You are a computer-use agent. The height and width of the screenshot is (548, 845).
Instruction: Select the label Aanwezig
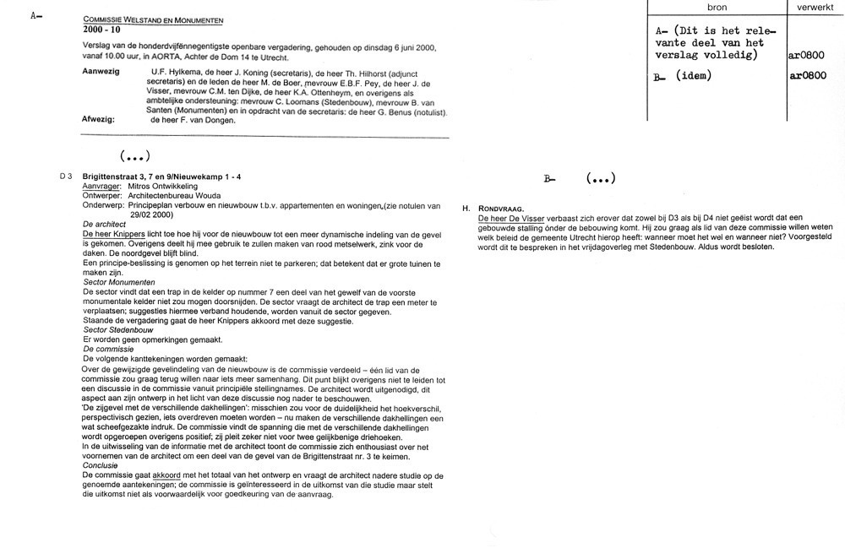tap(101, 73)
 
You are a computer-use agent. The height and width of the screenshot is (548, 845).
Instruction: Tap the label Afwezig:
tap(100, 120)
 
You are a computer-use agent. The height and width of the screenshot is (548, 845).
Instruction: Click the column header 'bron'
tap(717, 7)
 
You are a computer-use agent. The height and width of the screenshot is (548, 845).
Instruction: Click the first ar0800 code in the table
tap(807, 56)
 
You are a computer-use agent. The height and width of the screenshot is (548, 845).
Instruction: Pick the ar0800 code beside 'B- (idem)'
tap(807, 76)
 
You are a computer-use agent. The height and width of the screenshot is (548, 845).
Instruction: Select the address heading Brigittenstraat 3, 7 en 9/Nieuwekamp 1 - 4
tap(161, 176)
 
